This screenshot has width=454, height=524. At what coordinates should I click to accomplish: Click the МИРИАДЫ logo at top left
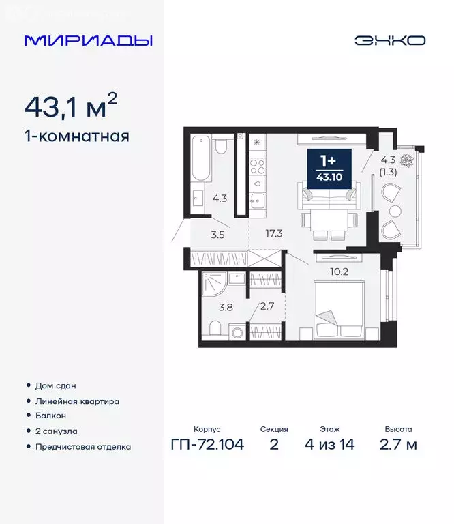pyautogui.click(x=88, y=40)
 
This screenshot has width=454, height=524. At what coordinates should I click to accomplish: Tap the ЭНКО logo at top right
pyautogui.click(x=389, y=40)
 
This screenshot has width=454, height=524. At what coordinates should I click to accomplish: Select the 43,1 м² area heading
pyautogui.click(x=71, y=106)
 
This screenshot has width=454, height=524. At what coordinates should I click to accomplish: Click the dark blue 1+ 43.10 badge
pyautogui.click(x=329, y=166)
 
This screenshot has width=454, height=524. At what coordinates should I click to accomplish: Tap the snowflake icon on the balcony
pyautogui.click(x=407, y=161)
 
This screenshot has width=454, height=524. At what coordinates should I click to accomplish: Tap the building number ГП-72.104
pyautogui.click(x=207, y=445)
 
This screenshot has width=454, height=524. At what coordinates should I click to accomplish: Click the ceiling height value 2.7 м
pyautogui.click(x=397, y=445)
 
